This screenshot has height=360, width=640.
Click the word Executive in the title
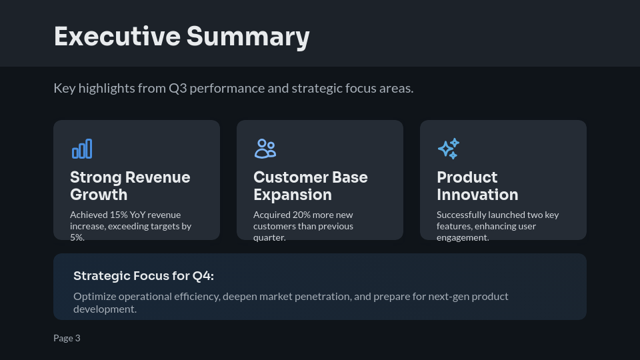(117, 36)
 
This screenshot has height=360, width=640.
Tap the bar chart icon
(82, 149)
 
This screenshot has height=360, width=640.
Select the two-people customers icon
(265, 149)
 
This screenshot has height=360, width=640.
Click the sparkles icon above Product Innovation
(448, 149)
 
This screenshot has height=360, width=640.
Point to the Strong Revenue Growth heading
(130, 186)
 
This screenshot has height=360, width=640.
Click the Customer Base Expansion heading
(310, 186)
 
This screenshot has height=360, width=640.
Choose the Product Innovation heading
(477, 186)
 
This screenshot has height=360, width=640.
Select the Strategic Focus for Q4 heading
(143, 276)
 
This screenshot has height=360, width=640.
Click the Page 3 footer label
(67, 338)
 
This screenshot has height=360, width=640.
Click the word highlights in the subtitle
(106, 88)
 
